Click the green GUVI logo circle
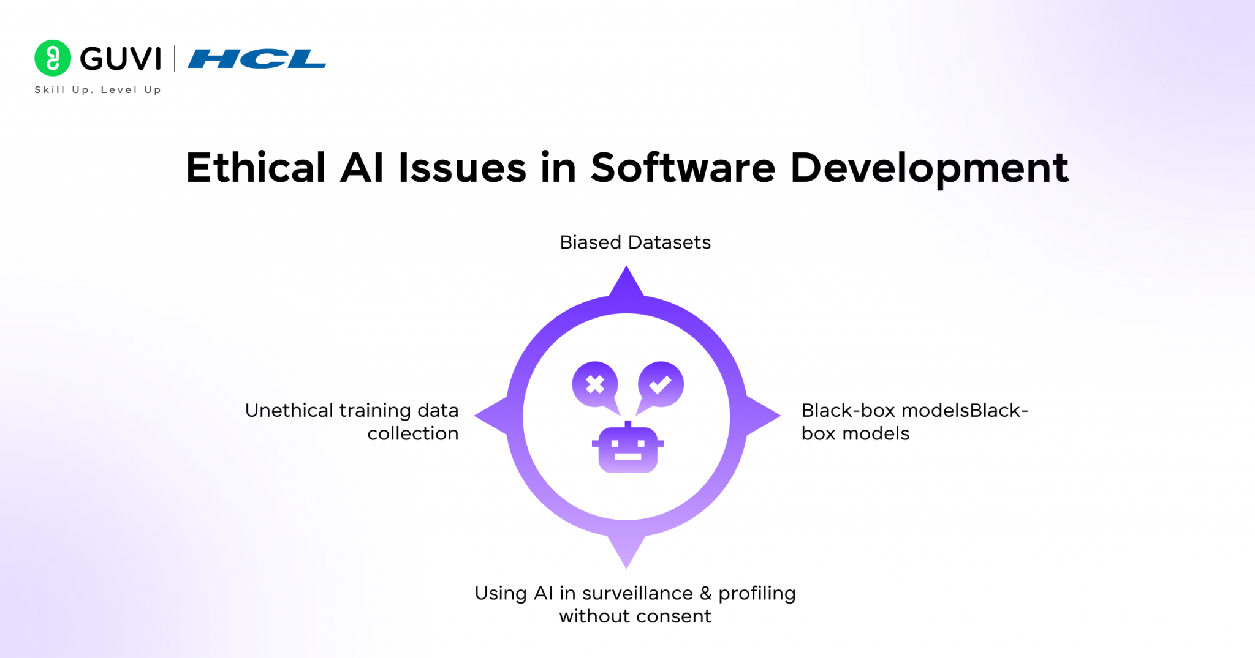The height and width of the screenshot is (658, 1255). click(x=53, y=58)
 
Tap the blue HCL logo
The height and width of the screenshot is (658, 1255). click(x=257, y=59)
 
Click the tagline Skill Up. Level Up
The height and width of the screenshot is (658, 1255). click(x=98, y=90)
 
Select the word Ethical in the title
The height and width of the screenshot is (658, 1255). click(x=256, y=168)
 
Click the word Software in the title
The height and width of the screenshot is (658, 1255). click(x=683, y=168)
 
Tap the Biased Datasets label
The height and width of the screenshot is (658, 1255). click(x=635, y=242)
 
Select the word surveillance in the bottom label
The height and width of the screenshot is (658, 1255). click(x=637, y=593)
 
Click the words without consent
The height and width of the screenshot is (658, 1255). click(x=635, y=616)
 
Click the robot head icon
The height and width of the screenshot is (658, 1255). click(x=627, y=449)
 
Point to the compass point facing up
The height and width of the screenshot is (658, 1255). click(x=626, y=283)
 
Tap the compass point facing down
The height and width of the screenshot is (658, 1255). click(x=626, y=551)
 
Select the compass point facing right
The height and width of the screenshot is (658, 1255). click(x=764, y=416)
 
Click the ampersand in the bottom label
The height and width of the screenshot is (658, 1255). click(x=705, y=593)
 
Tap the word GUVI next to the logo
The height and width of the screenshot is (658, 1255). click(x=121, y=59)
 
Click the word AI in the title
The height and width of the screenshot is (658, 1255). click(x=362, y=168)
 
